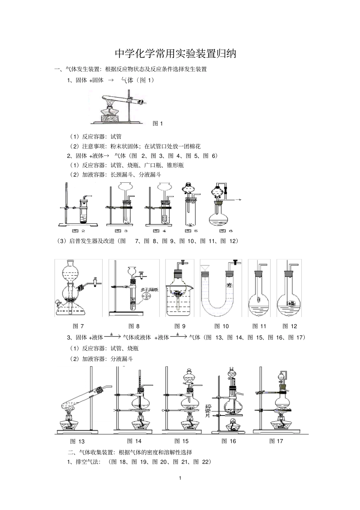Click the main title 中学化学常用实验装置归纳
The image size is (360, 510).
coord(175,54)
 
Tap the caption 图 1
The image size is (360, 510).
coord(158,123)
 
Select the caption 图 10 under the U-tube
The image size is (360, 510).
coord(222,326)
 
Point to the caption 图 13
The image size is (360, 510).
coord(77,441)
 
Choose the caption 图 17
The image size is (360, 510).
coord(276,441)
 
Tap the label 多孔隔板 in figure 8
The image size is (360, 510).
coord(149,290)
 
